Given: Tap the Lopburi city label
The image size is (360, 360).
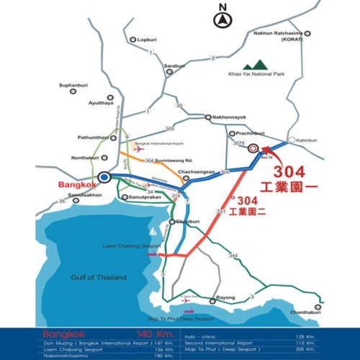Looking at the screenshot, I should [x=146, y=39].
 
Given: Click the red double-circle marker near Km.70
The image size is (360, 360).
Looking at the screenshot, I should [x=253, y=150].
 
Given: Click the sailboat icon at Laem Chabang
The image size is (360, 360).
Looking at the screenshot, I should [x=153, y=233].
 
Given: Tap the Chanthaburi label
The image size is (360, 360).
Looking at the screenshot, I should [x=325, y=312].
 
